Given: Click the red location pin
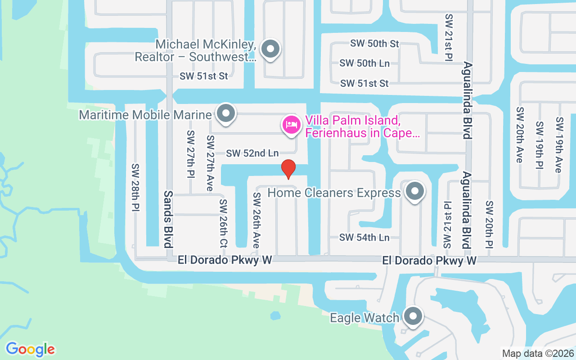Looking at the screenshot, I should (x=288, y=169).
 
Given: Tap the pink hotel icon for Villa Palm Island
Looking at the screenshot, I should (x=291, y=125).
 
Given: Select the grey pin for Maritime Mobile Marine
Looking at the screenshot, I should (x=226, y=114).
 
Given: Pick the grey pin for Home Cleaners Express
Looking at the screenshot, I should (x=415, y=192).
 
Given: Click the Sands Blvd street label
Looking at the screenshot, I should (x=168, y=219).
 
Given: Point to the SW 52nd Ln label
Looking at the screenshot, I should (x=252, y=153).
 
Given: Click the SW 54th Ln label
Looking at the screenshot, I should (x=364, y=237).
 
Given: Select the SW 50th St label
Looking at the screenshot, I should (x=375, y=44).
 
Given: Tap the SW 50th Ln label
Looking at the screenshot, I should (x=364, y=63).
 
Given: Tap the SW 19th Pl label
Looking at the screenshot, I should (x=540, y=145).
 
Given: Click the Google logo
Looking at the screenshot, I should (x=31, y=349).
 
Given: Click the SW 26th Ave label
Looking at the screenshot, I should (x=256, y=220).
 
